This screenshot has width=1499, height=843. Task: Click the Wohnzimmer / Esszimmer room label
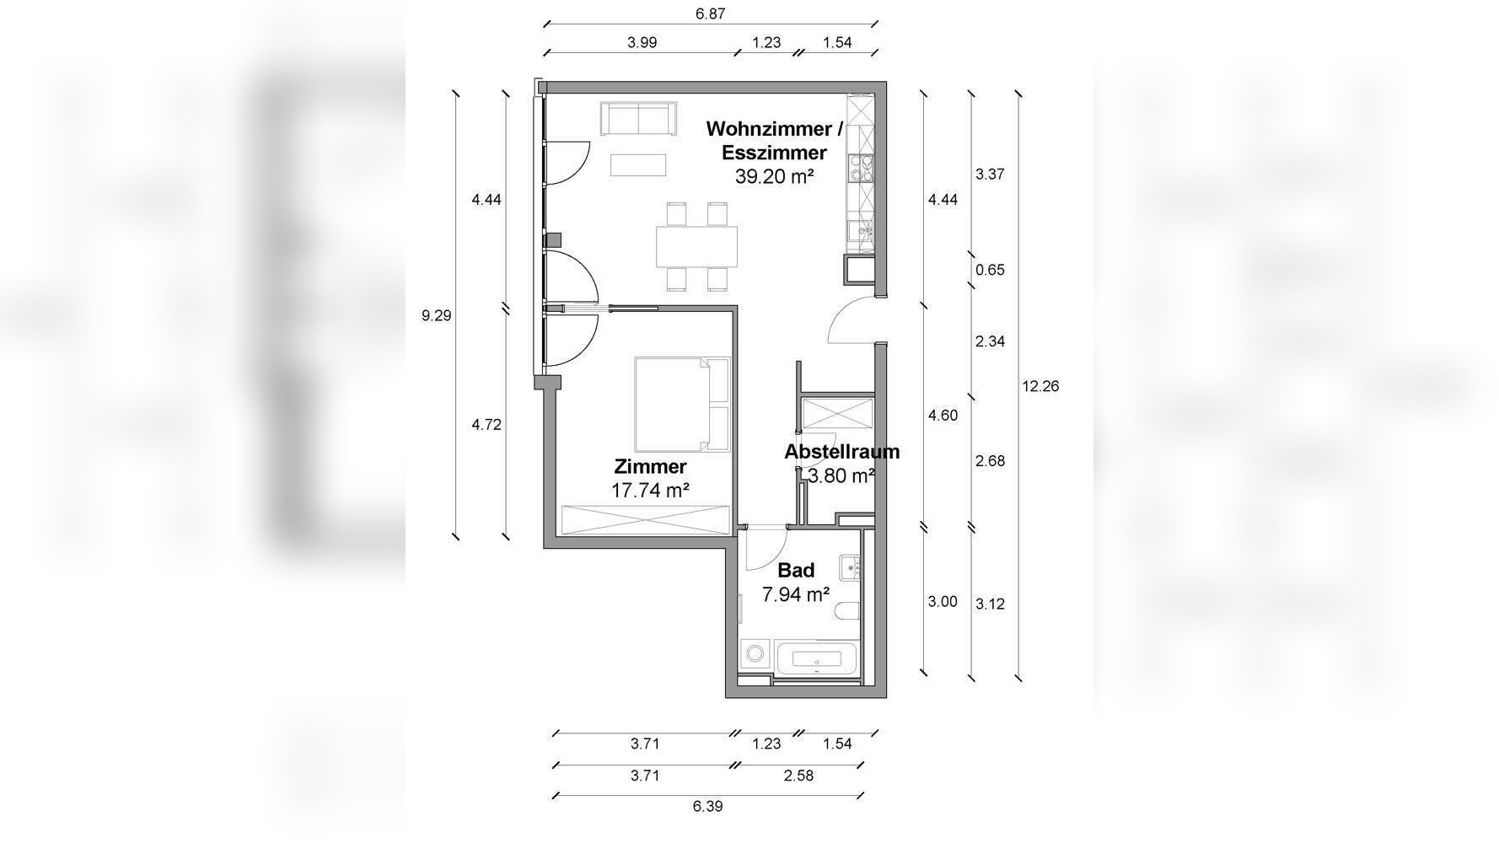(774, 141)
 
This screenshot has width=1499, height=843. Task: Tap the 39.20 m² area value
(774, 176)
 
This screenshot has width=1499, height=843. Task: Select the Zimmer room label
(650, 466)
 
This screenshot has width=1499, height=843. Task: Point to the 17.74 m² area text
(650, 490)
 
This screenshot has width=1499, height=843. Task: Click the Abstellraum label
(841, 452)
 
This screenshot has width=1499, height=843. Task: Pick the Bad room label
(796, 571)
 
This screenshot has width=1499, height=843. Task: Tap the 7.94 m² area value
(796, 594)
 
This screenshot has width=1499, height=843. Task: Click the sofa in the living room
(638, 118)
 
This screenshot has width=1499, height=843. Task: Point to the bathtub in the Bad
(818, 659)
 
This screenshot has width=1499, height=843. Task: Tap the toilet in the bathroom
(846, 612)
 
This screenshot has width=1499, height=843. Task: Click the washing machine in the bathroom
(756, 655)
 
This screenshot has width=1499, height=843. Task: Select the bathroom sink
(850, 566)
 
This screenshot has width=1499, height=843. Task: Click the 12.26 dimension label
(1040, 386)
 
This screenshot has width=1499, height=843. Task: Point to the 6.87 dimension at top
(710, 13)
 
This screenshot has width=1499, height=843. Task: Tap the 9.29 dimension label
(437, 316)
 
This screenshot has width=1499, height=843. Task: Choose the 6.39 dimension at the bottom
(708, 806)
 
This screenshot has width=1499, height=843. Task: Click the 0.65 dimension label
(990, 271)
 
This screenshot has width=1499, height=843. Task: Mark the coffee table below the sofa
(638, 164)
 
